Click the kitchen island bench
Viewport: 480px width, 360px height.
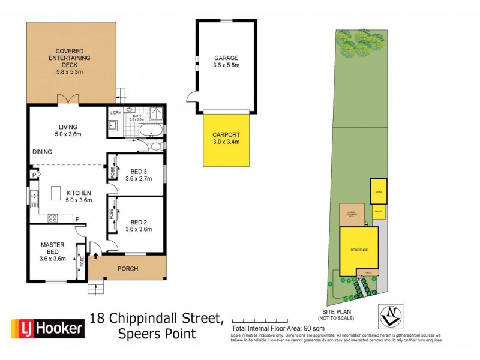tap(57, 193)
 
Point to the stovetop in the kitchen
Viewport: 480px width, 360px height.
tap(52, 218)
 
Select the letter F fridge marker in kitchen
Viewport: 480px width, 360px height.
tap(77, 220)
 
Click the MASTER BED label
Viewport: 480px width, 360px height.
tap(52, 248)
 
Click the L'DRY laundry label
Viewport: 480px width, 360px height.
tap(116, 113)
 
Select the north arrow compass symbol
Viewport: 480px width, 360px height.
tap(391, 313)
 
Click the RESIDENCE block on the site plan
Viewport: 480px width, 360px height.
tap(359, 250)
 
